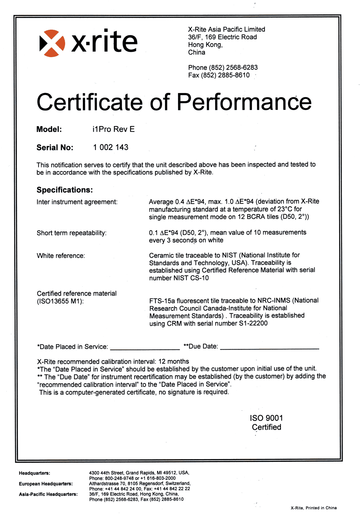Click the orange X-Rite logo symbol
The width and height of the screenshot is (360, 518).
click(52, 43)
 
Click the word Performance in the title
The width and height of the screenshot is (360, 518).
click(244, 102)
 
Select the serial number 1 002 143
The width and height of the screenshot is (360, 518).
click(111, 147)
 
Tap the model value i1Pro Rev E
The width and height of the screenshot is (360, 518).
click(113, 129)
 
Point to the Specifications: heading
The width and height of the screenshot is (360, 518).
click(65, 190)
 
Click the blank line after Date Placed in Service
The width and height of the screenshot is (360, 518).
click(145, 348)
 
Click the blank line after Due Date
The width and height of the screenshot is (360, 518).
click(269, 347)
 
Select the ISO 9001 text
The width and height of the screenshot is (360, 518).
click(266, 418)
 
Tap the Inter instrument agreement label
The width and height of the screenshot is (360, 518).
click(77, 202)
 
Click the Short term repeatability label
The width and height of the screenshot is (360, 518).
click(71, 233)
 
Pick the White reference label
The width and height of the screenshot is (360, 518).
click(61, 256)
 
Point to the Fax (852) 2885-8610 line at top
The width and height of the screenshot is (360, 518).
click(219, 75)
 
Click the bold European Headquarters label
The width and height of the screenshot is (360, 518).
click(46, 484)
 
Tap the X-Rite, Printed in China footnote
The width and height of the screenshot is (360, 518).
click(313, 508)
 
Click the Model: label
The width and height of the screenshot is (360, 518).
click(49, 129)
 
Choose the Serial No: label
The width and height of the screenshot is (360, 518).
click(55, 148)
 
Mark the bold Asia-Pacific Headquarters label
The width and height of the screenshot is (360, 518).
click(48, 494)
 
